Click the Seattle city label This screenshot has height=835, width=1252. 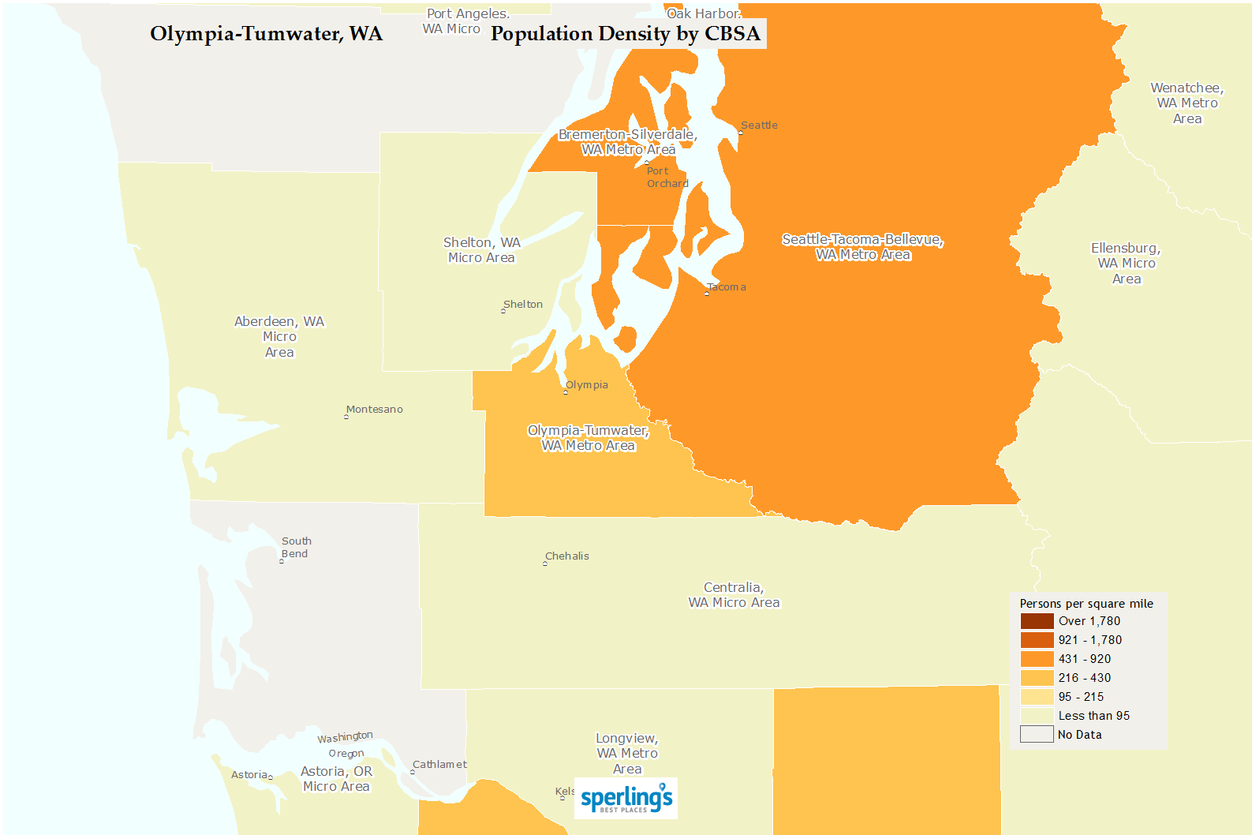coord(759,125)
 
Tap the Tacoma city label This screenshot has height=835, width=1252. coord(726,287)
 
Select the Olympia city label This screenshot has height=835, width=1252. coord(587,385)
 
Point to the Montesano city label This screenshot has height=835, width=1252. coord(375,410)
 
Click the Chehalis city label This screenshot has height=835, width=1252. coord(567,556)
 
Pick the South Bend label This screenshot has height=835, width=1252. coord(297,548)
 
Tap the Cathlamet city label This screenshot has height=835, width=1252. coord(439,765)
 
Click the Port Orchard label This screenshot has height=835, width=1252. coord(667,178)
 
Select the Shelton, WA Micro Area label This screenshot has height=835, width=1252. coord(481,250)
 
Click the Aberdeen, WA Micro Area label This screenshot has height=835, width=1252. coord(279,337)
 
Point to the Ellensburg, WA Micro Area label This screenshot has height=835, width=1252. coord(1126,264)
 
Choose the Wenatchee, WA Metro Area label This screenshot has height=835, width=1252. coord(1187,103)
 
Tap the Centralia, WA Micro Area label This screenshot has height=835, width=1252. coord(734,595)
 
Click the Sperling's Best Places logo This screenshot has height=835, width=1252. coord(626,799)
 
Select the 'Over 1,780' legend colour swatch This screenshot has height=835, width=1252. coord(1037,621)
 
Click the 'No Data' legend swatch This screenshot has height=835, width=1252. coord(1037,735)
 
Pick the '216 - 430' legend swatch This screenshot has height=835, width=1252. coord(1037,678)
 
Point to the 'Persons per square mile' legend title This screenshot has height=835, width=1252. coord(1086,604)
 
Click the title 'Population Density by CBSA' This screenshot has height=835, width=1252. coord(626,34)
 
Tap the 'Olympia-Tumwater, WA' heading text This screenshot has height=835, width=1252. coord(267,34)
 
